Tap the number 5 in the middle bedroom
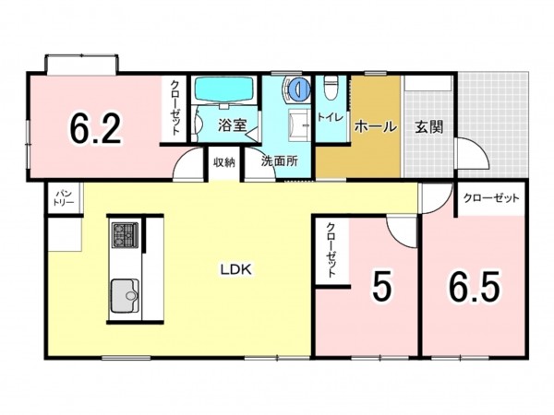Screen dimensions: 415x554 [381, 287]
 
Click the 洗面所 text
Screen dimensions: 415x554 [279, 160]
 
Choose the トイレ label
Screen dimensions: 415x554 [330, 117]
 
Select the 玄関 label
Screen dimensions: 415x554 [428, 127]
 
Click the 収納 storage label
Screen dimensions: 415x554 [224, 161]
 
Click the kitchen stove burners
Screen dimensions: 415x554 [124, 236]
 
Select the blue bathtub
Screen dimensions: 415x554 [223, 93]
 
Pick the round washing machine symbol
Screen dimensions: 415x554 [299, 90]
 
